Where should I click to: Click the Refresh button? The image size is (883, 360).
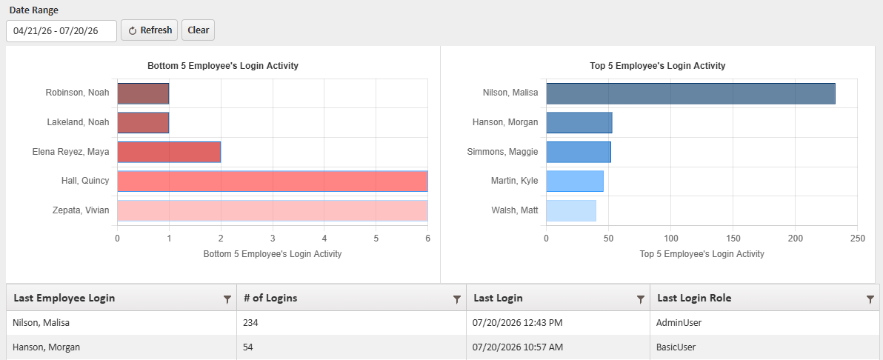point(149,30)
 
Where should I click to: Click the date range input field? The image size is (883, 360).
point(61,31)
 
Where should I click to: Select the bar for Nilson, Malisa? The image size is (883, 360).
point(690,93)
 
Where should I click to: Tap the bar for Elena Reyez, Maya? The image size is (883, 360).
point(169,152)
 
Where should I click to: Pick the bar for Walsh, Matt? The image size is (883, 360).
point(571,210)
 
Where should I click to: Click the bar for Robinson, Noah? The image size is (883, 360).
point(143,93)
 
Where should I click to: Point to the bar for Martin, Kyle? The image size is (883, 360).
point(574,181)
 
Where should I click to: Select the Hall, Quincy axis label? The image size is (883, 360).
point(85,181)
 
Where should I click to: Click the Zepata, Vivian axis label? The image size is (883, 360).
point(81,210)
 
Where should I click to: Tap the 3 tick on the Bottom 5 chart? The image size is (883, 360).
point(273,239)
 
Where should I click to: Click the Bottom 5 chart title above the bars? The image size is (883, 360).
point(223,66)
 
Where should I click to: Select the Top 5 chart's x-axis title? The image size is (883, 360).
point(702,254)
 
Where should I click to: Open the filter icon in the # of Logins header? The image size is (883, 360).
point(457,300)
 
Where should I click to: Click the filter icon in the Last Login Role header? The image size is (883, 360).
point(870,300)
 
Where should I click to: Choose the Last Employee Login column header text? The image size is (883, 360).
point(64,299)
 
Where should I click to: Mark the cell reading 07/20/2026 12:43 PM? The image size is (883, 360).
point(518,323)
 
